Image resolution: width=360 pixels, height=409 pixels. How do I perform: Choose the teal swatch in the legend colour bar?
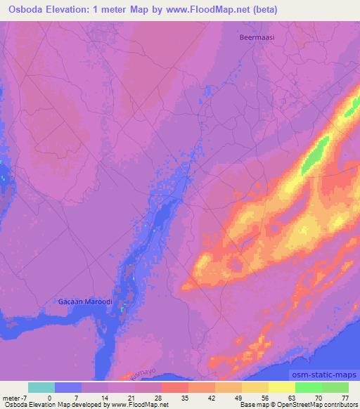pyautogui.click(x=41, y=387)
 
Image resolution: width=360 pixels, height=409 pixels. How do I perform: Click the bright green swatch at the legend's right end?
pyautogui.click(x=335, y=387)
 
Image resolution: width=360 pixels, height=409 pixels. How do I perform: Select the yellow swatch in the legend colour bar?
pyautogui.click(x=281, y=387)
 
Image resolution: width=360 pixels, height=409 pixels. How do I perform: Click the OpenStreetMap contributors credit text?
pyautogui.click(x=323, y=405)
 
